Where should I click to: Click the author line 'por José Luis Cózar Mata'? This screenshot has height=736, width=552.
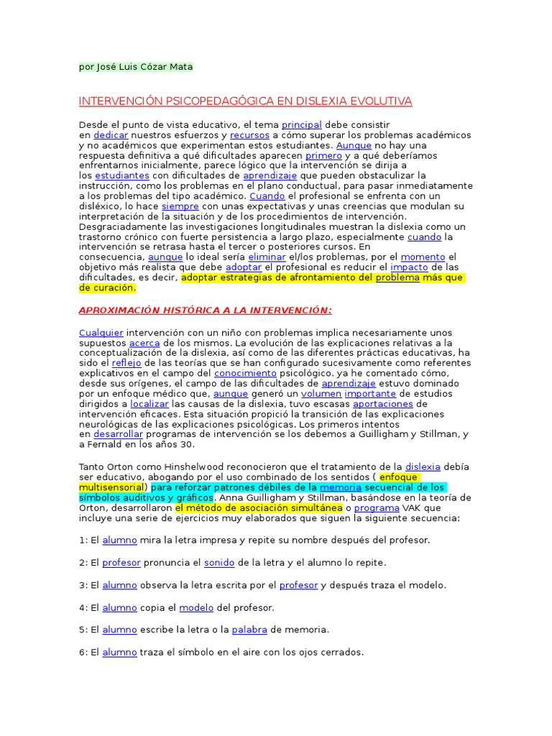point(136,67)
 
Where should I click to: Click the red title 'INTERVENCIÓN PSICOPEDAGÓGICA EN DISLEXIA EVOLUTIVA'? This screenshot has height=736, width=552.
point(245,101)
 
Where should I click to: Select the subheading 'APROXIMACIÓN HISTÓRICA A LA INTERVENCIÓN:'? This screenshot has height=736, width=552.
point(205,310)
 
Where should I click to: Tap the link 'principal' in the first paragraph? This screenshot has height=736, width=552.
point(302,125)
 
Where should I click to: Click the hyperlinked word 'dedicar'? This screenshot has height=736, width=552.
point(111,135)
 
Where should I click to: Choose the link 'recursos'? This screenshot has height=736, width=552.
point(250,135)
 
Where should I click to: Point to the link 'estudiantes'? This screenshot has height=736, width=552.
point(122,175)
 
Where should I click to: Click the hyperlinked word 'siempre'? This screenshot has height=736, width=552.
point(180,206)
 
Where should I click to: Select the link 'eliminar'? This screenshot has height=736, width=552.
point(267,257)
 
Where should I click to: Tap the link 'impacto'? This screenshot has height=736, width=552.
point(409,267)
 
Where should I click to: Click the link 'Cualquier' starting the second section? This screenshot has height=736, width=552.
point(101,333)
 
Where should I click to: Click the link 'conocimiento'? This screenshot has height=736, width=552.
point(245,373)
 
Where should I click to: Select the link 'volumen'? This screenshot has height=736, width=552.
point(321,394)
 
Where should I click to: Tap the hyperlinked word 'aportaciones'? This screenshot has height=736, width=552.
point(383,404)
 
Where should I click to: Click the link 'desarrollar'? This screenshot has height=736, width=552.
point(118,434)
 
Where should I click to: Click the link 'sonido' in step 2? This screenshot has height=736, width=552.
point(219,563)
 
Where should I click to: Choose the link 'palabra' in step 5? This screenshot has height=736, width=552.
point(249,630)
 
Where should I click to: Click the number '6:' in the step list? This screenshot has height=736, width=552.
point(85,653)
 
